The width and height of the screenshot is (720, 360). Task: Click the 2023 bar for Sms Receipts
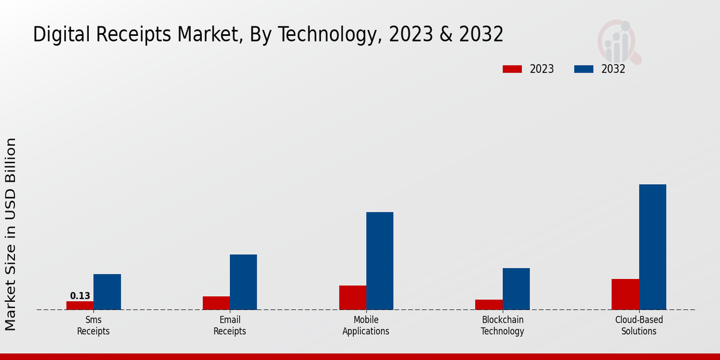tap(80, 305)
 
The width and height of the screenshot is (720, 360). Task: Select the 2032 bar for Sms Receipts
tap(107, 292)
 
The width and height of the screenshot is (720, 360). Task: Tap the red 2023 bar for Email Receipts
tap(216, 303)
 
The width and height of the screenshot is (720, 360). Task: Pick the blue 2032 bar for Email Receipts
tap(243, 282)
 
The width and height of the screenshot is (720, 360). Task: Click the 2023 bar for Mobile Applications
tap(352, 298)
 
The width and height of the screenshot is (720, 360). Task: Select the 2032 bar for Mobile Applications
tap(380, 261)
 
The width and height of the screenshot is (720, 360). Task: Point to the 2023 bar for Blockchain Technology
tap(488, 305)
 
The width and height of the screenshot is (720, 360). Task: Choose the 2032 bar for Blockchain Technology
tap(516, 289)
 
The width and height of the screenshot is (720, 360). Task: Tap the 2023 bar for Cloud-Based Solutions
tap(625, 295)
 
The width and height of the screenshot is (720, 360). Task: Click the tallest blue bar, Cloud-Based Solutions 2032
tap(652, 247)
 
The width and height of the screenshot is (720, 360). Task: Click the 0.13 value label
tap(80, 296)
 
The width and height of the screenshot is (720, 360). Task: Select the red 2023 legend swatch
tap(512, 69)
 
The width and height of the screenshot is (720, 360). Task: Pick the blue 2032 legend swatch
tap(583, 69)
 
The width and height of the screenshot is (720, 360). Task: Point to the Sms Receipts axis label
tap(93, 326)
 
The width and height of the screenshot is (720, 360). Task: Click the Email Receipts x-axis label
tap(230, 326)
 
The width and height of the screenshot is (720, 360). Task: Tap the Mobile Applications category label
tap(366, 326)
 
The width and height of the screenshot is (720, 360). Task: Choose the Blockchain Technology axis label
tap(502, 326)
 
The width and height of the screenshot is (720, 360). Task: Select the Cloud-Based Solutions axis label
tap(639, 326)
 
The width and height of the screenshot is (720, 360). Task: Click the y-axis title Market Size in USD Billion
tap(11, 234)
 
